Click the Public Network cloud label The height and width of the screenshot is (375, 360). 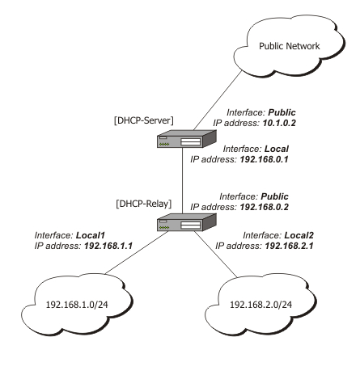290,46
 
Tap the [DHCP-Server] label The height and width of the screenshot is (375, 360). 144,120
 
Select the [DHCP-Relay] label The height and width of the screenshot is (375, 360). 144,204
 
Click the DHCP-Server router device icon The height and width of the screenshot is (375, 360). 187,139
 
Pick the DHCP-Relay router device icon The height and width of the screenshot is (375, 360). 187,222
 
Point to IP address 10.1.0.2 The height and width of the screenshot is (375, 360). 279,123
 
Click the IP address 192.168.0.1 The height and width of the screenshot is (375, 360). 264,159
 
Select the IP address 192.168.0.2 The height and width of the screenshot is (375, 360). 264,207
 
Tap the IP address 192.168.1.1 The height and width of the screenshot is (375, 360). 108,246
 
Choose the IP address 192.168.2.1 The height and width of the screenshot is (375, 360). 289,246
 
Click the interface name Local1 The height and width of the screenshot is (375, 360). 90,235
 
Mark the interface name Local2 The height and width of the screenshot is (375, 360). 299,235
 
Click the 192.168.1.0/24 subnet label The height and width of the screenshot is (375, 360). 77,305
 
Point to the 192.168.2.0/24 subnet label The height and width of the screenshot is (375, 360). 260,305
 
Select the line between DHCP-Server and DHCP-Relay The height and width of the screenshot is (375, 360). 182,180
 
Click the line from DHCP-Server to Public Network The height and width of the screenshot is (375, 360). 218,100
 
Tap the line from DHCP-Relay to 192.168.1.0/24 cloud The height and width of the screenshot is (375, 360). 137,252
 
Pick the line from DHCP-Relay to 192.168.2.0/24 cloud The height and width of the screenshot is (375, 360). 216,254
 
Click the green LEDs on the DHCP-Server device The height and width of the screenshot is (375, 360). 164,145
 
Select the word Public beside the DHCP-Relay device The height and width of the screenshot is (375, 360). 274,196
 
